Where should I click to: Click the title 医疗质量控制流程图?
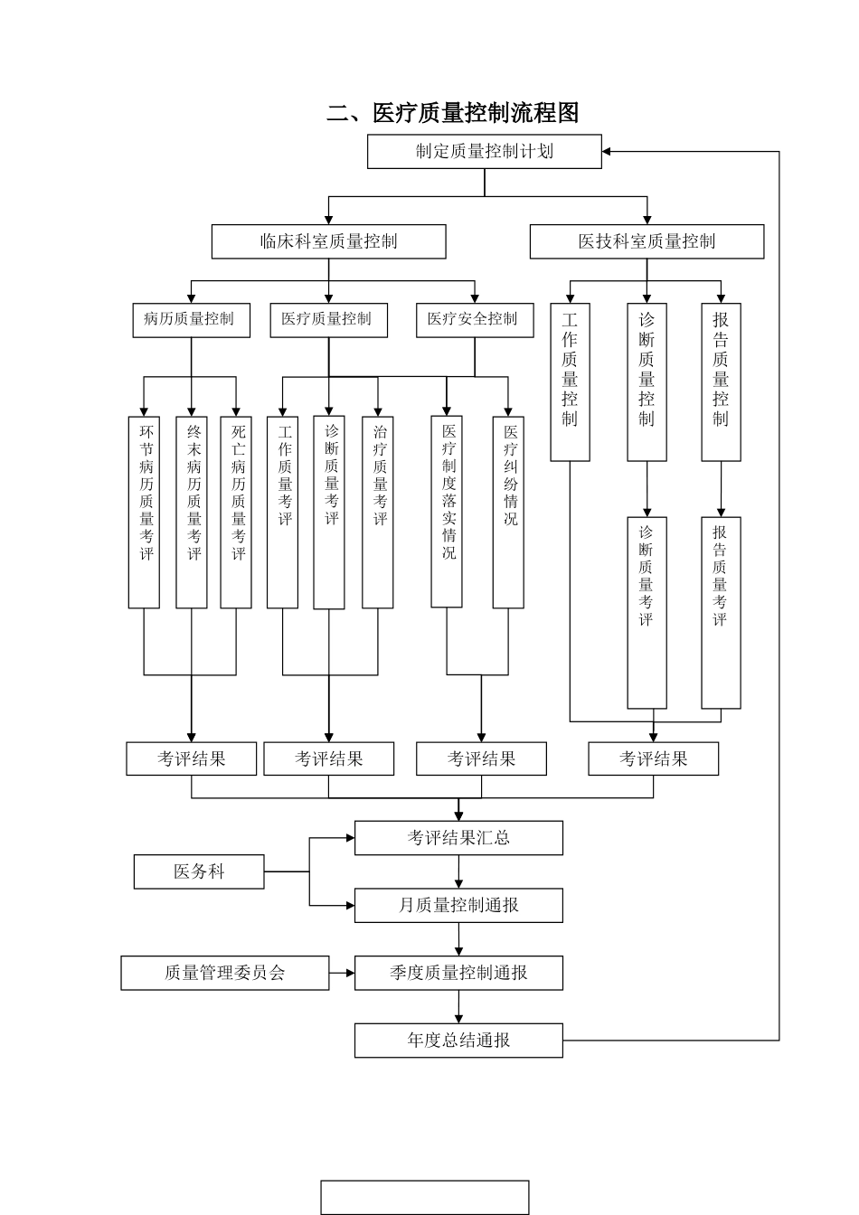[x=452, y=113]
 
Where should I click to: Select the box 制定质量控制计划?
[x=484, y=151]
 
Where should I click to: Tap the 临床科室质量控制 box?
[x=328, y=241]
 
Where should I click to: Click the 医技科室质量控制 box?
[x=647, y=241]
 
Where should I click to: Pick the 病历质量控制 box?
[x=191, y=320]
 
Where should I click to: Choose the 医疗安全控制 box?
[x=474, y=320]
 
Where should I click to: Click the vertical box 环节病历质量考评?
[x=145, y=512]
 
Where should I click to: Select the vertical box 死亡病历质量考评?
[x=236, y=512]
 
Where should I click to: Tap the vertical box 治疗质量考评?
[x=378, y=512]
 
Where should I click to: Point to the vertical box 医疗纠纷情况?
[x=508, y=512]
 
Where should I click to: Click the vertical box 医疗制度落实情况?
[x=447, y=512]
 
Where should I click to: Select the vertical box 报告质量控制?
[x=721, y=382]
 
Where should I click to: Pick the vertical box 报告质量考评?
[x=721, y=612]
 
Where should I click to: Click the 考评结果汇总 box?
[x=458, y=838]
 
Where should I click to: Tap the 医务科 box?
[x=199, y=871]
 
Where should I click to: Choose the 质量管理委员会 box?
[x=225, y=973]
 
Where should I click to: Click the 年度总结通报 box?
[x=458, y=1041]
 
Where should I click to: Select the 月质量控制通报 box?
[x=458, y=905]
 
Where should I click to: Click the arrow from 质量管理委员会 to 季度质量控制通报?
[x=342, y=973]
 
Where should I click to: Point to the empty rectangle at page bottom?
[x=424, y=1197]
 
